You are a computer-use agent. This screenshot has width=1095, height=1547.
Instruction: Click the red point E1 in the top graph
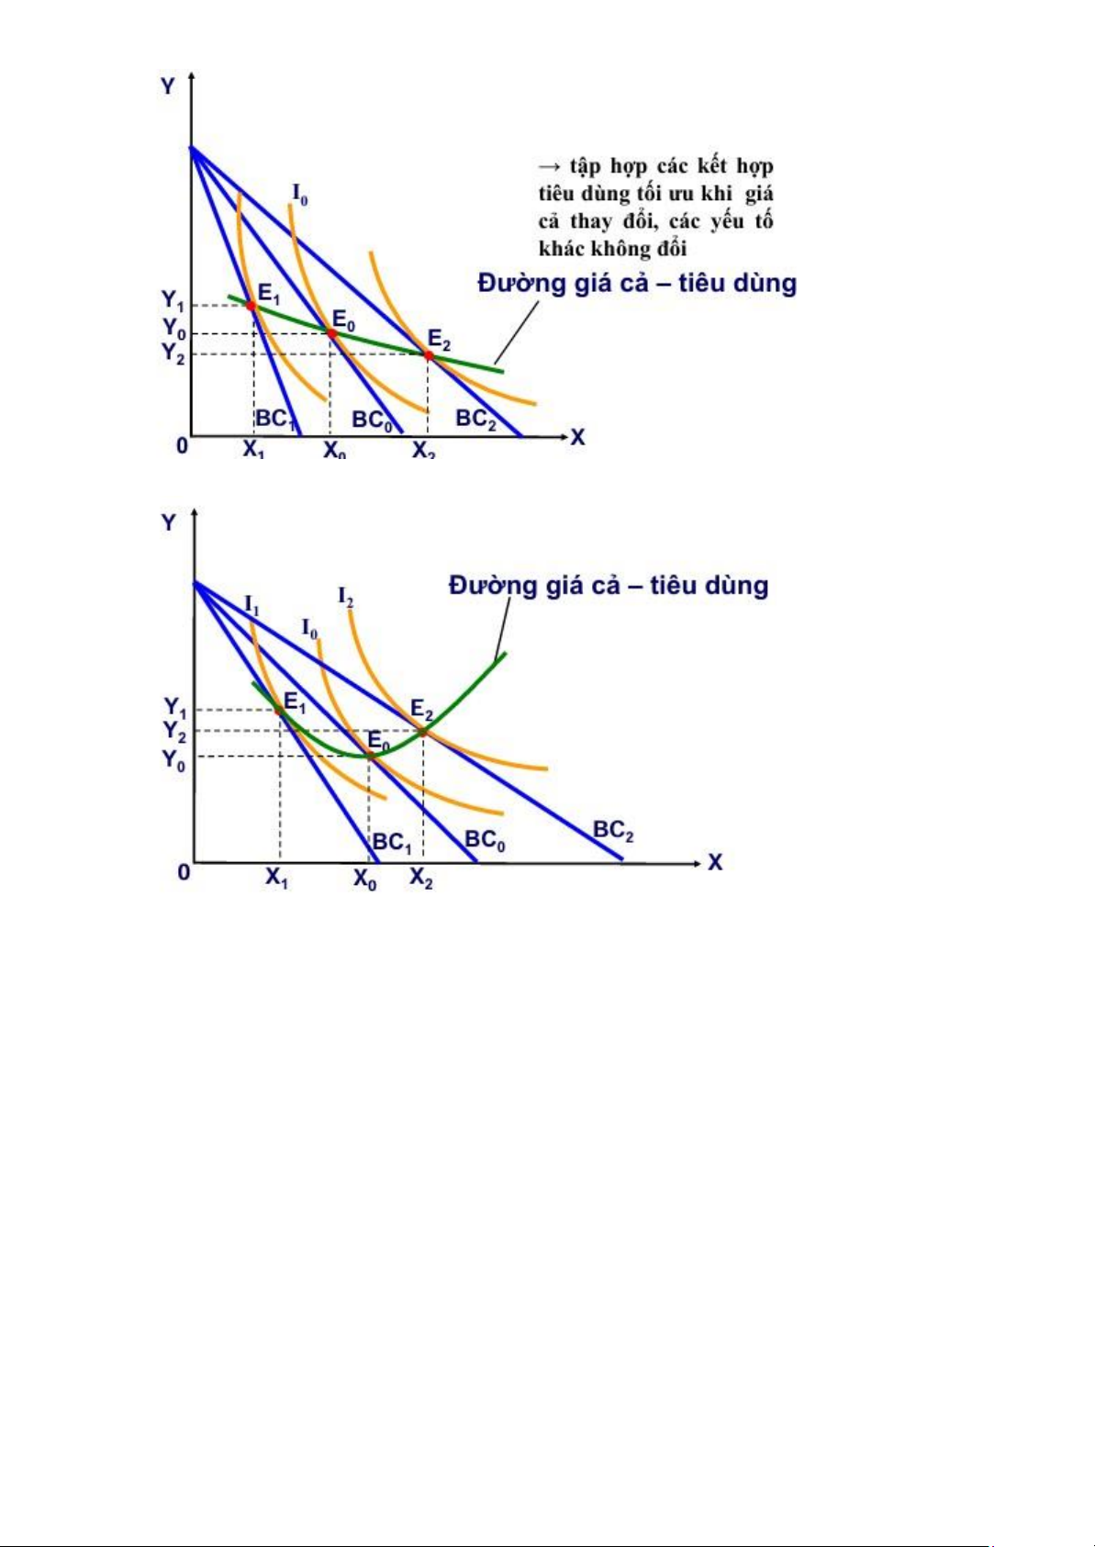(x=251, y=305)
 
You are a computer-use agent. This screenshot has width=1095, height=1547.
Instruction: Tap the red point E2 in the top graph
(x=428, y=354)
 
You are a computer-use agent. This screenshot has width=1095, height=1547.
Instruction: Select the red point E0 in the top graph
(x=332, y=333)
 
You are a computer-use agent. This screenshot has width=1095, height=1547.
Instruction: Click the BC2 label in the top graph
(x=477, y=419)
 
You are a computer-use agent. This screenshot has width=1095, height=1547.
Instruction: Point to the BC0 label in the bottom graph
(x=485, y=839)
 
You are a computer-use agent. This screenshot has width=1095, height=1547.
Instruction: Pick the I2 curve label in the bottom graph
(x=346, y=597)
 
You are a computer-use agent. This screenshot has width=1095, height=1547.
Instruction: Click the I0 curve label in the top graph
(x=299, y=193)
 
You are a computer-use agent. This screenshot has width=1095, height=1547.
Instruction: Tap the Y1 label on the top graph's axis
(x=173, y=300)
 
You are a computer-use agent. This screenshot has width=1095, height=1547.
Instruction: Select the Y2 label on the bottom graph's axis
(x=174, y=731)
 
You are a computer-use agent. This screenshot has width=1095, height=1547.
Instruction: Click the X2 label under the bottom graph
(x=421, y=878)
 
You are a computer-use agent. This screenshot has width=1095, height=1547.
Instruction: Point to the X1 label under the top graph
(x=253, y=450)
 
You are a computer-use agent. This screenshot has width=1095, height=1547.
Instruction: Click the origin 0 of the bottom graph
(x=184, y=871)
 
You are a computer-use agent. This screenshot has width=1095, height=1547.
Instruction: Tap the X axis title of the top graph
(x=577, y=437)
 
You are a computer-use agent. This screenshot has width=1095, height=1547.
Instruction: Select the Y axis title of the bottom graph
(x=168, y=522)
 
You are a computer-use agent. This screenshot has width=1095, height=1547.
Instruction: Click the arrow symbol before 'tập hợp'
(x=549, y=166)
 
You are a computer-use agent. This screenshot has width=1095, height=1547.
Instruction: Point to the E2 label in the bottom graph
(x=421, y=710)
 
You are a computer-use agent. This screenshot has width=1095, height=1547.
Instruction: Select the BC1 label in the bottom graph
(x=392, y=842)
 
